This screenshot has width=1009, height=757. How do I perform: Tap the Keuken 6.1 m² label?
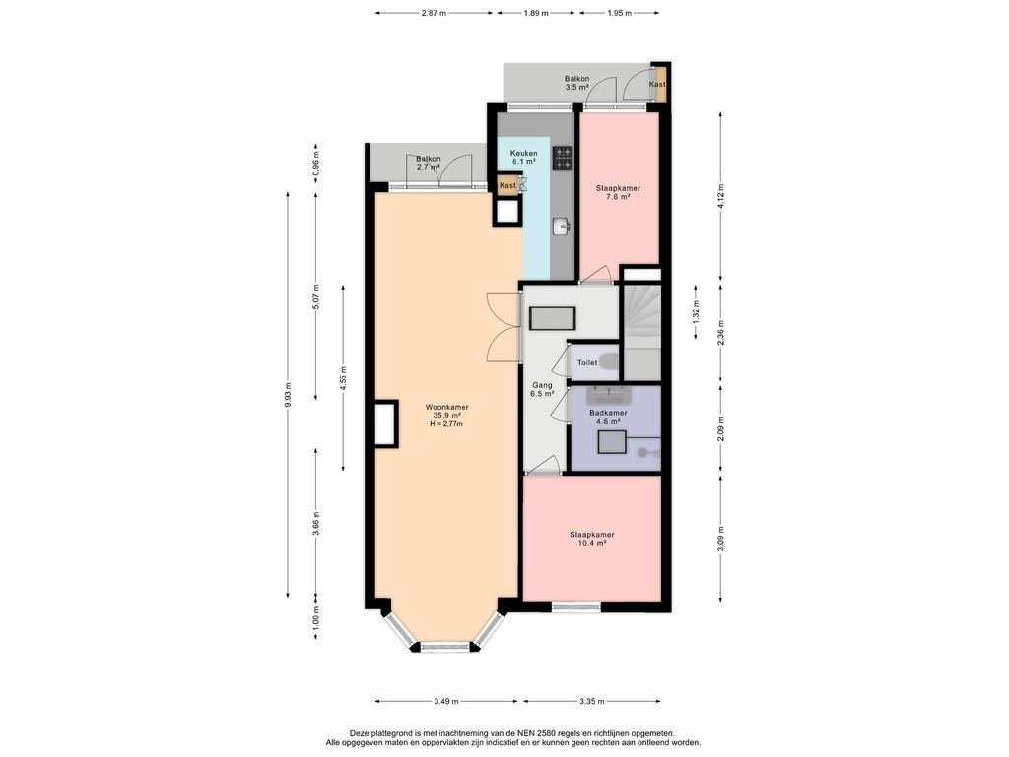(x=523, y=157)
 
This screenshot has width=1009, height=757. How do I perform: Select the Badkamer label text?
(x=608, y=413)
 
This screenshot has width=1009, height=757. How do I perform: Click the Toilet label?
(x=587, y=363)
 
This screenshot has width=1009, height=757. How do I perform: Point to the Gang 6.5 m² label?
(x=542, y=390)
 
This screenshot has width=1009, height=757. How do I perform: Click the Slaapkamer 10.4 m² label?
(x=592, y=539)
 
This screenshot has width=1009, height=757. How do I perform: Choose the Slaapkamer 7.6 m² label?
(x=618, y=193)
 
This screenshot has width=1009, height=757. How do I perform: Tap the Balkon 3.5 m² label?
(x=577, y=83)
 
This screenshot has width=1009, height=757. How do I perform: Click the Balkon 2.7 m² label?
(x=428, y=163)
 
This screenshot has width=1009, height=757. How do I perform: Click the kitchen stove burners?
(x=563, y=158)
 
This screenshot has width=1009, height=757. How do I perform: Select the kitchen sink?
(x=562, y=226)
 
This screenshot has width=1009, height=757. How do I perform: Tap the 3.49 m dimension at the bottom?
(x=446, y=702)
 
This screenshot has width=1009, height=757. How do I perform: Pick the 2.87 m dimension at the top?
(x=434, y=13)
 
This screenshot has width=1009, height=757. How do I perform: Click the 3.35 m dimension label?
(x=592, y=702)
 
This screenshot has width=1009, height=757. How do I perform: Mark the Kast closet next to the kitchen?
(x=507, y=185)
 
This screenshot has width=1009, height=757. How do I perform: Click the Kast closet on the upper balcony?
(x=657, y=84)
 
